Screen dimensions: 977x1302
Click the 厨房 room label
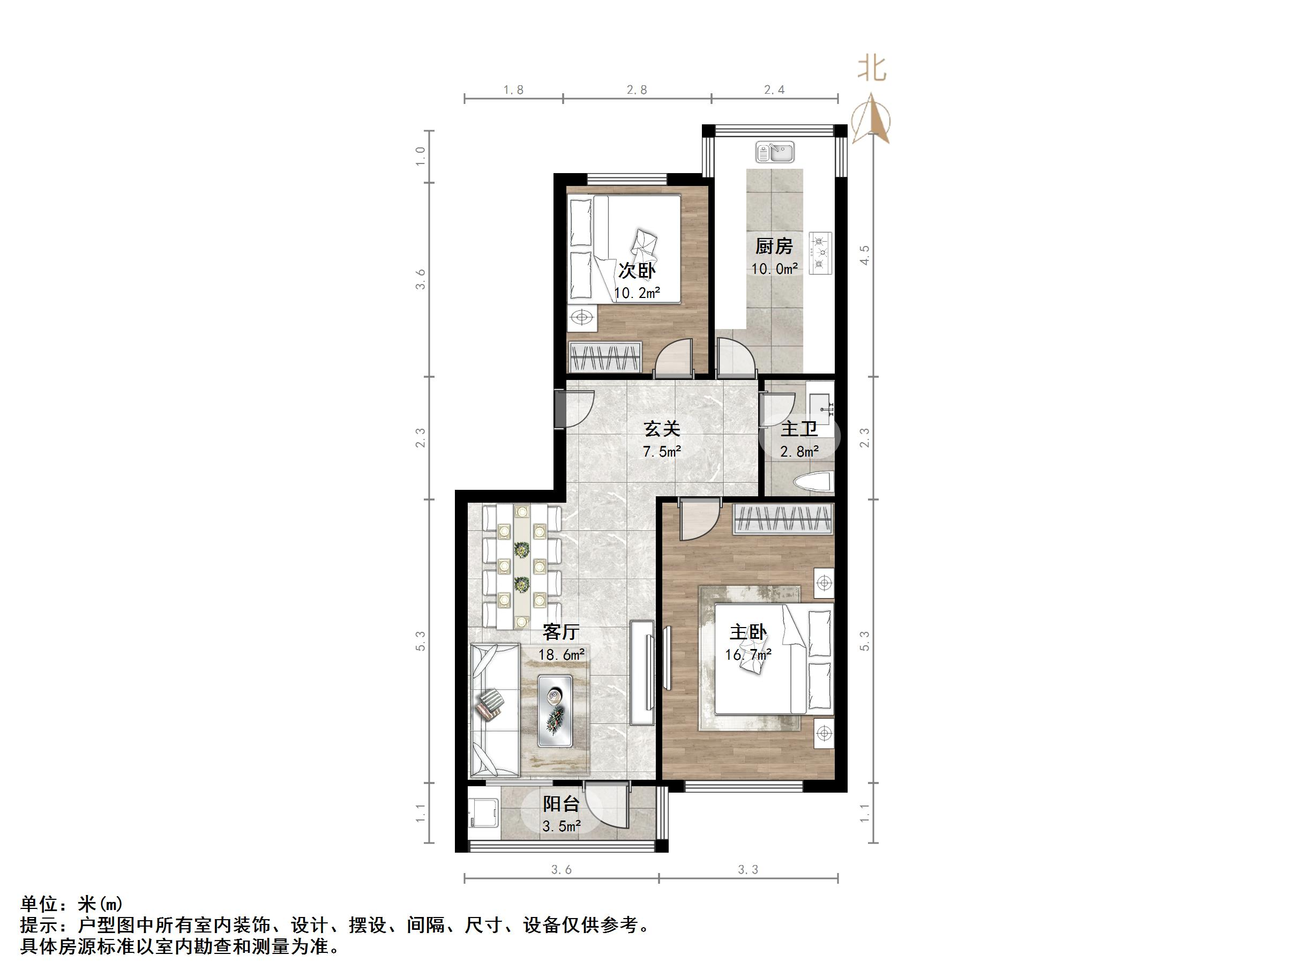pyautogui.click(x=774, y=246)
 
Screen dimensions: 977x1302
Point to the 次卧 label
pyautogui.click(x=637, y=271)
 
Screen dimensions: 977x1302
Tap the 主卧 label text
pyautogui.click(x=748, y=632)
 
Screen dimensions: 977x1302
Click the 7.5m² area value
pyautogui.click(x=662, y=452)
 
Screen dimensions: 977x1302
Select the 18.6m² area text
pyautogui.click(x=561, y=654)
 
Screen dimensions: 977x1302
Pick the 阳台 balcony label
pyautogui.click(x=561, y=804)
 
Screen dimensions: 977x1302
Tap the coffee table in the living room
pyautogui.click(x=555, y=711)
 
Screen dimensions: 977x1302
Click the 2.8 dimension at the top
pyautogui.click(x=637, y=90)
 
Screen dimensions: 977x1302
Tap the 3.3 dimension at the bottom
pyautogui.click(x=747, y=869)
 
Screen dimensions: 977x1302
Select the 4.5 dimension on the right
pyautogui.click(x=864, y=256)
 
